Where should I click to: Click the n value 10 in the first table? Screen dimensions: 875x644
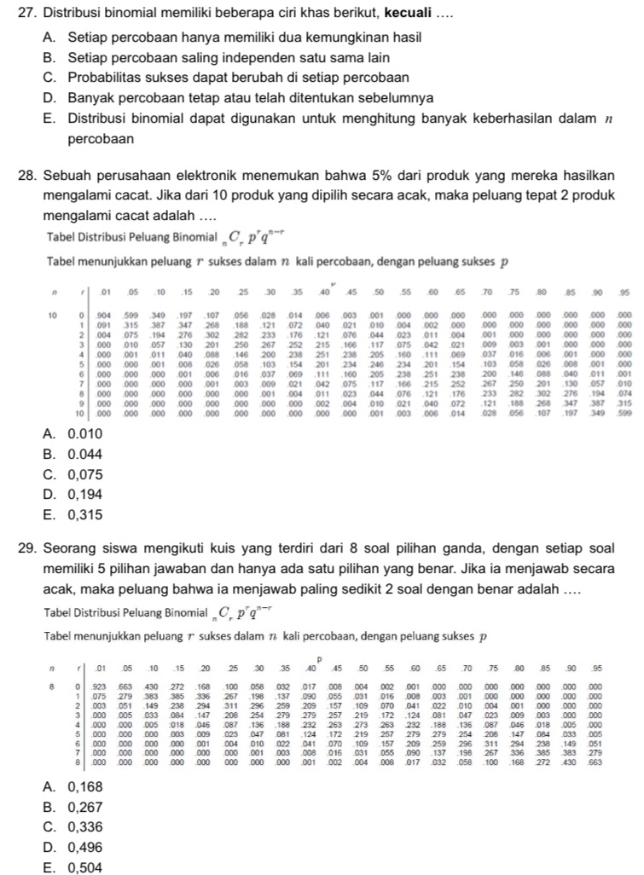coord(55,314)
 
